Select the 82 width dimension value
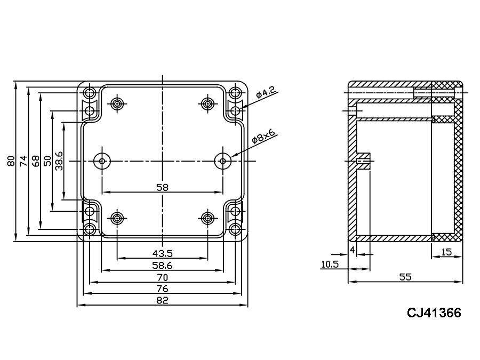(163, 300)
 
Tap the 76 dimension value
(163, 289)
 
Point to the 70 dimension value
(163, 277)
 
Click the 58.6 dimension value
(163, 265)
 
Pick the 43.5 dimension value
(163, 253)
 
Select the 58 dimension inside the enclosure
(163, 187)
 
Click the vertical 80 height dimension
(11, 161)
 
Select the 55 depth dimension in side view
(405, 277)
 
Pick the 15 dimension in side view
(447, 251)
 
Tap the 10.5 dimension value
(330, 264)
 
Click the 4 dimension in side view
(352, 250)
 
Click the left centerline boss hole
(101, 161)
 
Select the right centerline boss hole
(223, 161)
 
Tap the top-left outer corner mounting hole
(90, 91)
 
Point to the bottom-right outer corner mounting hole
(235, 230)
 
